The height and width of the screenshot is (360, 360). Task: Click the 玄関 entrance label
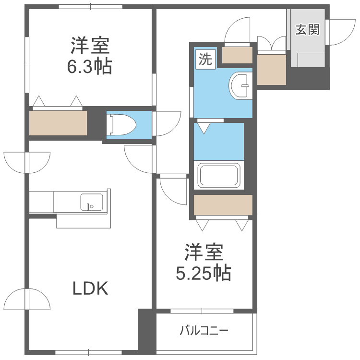pos(307,30)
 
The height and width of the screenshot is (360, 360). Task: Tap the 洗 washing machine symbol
pos(205,60)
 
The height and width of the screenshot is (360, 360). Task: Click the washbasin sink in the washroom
pos(240,85)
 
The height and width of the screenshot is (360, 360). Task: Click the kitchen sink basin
pos(91,202)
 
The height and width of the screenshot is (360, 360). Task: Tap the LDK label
pos(91,288)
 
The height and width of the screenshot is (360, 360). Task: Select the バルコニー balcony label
pos(204,331)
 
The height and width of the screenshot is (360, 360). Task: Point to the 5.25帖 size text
pos(204,274)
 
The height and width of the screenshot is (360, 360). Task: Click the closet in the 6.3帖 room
pos(58,123)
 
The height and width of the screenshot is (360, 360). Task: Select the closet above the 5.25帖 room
pos(223,205)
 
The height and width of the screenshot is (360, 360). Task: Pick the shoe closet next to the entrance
pos(272,70)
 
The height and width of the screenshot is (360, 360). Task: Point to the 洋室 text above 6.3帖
pos(90,47)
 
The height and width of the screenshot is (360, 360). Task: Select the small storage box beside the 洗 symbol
pos(238,55)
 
